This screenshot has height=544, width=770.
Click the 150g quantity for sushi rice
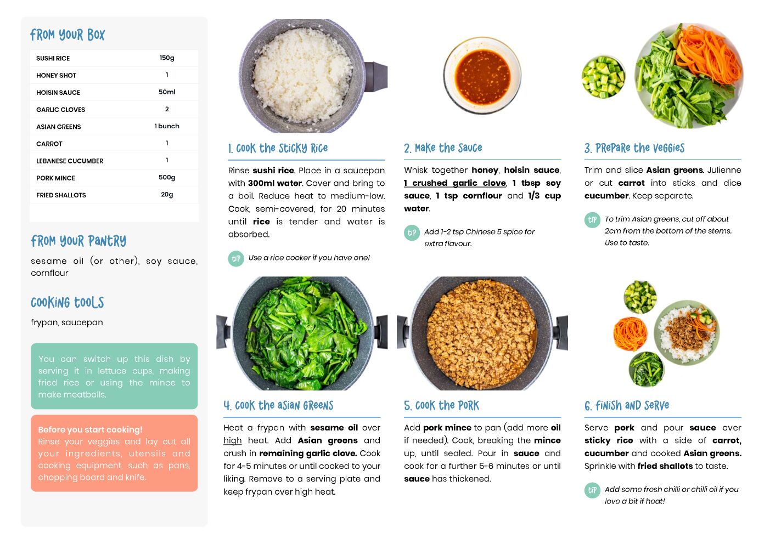click(x=167, y=58)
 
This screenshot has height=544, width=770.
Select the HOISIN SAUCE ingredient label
click(x=58, y=92)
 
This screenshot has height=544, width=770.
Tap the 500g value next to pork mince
click(x=167, y=177)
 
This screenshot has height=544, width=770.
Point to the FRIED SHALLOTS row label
click(x=61, y=195)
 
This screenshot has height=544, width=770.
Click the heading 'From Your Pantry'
click(x=78, y=241)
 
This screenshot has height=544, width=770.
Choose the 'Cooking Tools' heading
click(x=68, y=302)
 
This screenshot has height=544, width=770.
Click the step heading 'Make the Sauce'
click(x=443, y=148)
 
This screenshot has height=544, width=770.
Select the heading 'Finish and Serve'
click(x=627, y=406)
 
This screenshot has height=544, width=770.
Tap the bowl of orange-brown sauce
click(x=482, y=76)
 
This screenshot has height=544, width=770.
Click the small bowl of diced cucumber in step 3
click(x=603, y=77)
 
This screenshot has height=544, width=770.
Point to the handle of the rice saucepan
click(x=376, y=77)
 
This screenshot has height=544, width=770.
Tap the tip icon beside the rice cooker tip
click(x=236, y=259)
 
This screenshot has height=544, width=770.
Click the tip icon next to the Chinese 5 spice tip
click(x=412, y=233)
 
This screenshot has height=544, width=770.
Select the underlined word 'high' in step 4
click(x=232, y=440)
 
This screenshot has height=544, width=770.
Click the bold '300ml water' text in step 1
click(x=274, y=183)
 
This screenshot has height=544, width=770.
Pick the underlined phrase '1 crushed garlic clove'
click(x=455, y=183)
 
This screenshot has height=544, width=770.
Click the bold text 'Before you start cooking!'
click(x=90, y=429)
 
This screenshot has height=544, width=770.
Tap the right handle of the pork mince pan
click(x=560, y=333)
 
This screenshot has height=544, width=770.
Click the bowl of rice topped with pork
click(x=687, y=333)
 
